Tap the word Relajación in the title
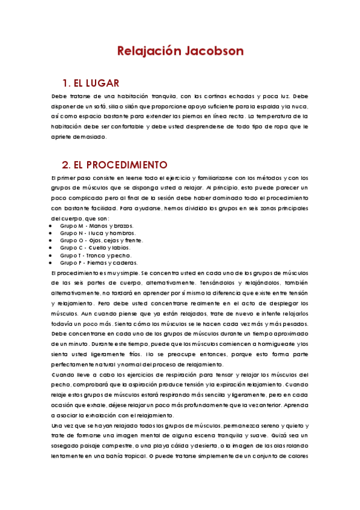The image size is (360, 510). tap(148, 51)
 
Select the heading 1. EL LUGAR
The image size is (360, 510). tap(91, 83)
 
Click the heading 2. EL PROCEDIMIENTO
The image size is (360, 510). tap(115, 164)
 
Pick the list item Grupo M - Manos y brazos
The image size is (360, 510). tap(93, 226)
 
